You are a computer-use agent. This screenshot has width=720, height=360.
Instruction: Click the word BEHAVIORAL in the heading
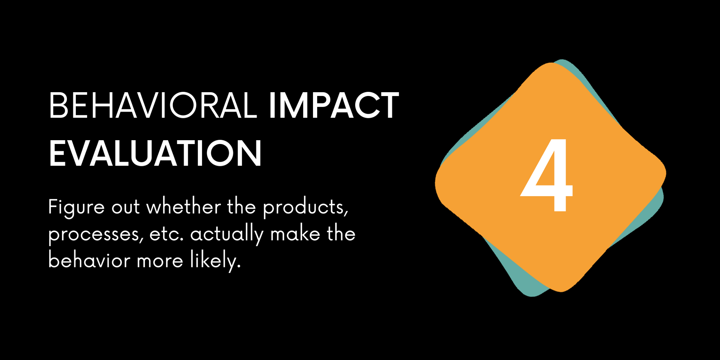pyautogui.click(x=153, y=105)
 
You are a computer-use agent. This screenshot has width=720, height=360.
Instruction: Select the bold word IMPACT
pyautogui.click(x=334, y=105)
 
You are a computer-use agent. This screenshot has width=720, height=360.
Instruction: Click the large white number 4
pyautogui.click(x=547, y=175)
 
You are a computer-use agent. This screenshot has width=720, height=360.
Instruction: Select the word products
pyautogui.click(x=305, y=208)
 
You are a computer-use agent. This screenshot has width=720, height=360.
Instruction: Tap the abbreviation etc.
pyautogui.click(x=167, y=235)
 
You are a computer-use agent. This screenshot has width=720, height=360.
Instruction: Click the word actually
pyautogui.click(x=227, y=235)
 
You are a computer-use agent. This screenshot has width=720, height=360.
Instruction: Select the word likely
pyautogui.click(x=215, y=261)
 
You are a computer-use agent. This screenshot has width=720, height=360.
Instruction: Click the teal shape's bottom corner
pyautogui.click(x=532, y=296)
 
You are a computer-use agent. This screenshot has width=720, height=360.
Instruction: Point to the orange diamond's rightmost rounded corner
pyautogui.click(x=665, y=173)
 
